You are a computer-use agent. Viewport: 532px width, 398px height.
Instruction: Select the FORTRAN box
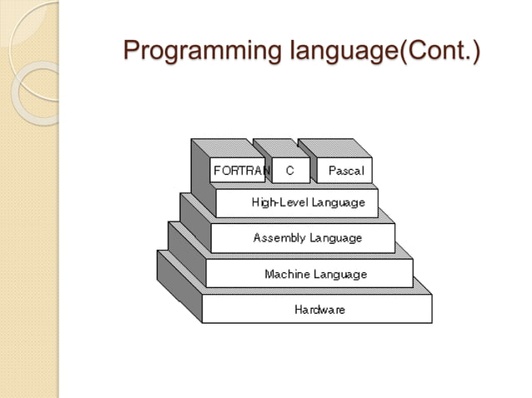point(240,171)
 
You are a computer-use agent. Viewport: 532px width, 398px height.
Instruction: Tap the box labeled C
point(290,171)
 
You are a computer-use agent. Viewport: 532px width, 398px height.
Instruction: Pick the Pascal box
point(344,171)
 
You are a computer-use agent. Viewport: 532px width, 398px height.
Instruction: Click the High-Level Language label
point(308,202)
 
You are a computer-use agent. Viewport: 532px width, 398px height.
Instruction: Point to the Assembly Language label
point(308,238)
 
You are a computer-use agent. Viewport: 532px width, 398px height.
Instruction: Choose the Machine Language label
point(315,274)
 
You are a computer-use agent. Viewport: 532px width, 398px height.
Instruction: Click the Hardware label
point(319,310)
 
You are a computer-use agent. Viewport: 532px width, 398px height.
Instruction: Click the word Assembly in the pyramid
point(279,238)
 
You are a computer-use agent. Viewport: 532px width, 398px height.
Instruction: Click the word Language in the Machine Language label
point(340,274)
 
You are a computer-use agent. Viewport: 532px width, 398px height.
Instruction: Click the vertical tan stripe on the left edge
point(29,250)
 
